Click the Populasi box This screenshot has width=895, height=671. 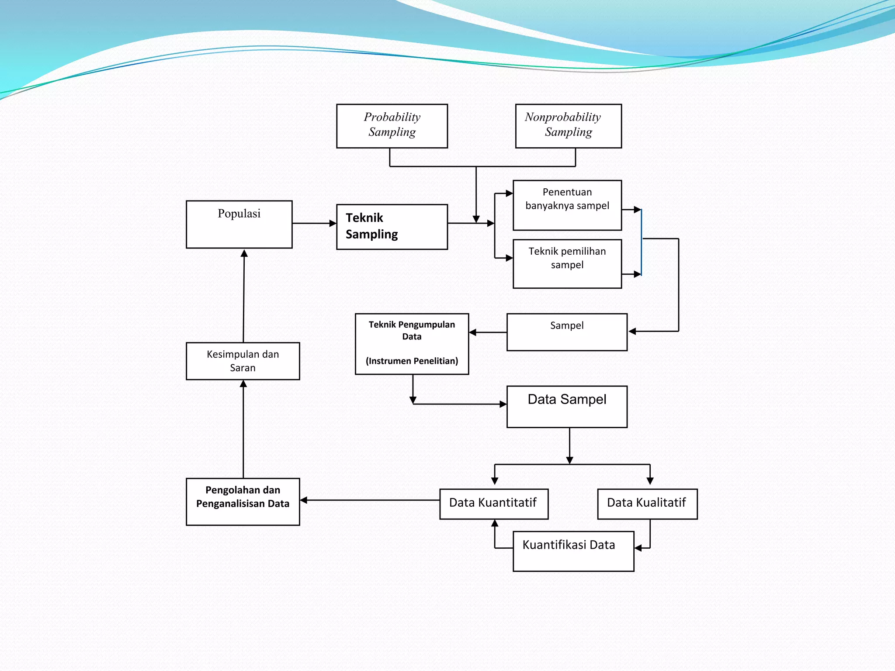tap(239, 225)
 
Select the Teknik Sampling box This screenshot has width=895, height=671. tap(392, 227)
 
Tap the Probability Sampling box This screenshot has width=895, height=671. tap(392, 126)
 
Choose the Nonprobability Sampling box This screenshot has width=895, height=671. tap(568, 126)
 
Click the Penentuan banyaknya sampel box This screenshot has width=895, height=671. tap(567, 205)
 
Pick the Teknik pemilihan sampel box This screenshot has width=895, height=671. tap(567, 263)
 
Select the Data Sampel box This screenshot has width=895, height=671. tap(567, 406)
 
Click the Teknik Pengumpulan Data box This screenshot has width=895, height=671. tap(412, 344)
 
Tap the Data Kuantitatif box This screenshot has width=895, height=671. tap(494, 504)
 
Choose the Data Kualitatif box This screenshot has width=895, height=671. tap(647, 504)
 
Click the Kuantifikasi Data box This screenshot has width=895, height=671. tap(573, 551)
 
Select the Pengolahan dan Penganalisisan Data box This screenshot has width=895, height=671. tap(243, 502)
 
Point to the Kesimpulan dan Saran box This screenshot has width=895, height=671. tap(243, 361)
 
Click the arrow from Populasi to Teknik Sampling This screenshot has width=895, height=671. tap(314, 223)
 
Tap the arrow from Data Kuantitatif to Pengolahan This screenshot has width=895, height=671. tap(370, 500)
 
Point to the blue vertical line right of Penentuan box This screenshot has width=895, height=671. tap(641, 242)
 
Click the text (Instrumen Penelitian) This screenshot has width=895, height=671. tap(412, 361)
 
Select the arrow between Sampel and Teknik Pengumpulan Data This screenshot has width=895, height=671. tap(488, 332)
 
